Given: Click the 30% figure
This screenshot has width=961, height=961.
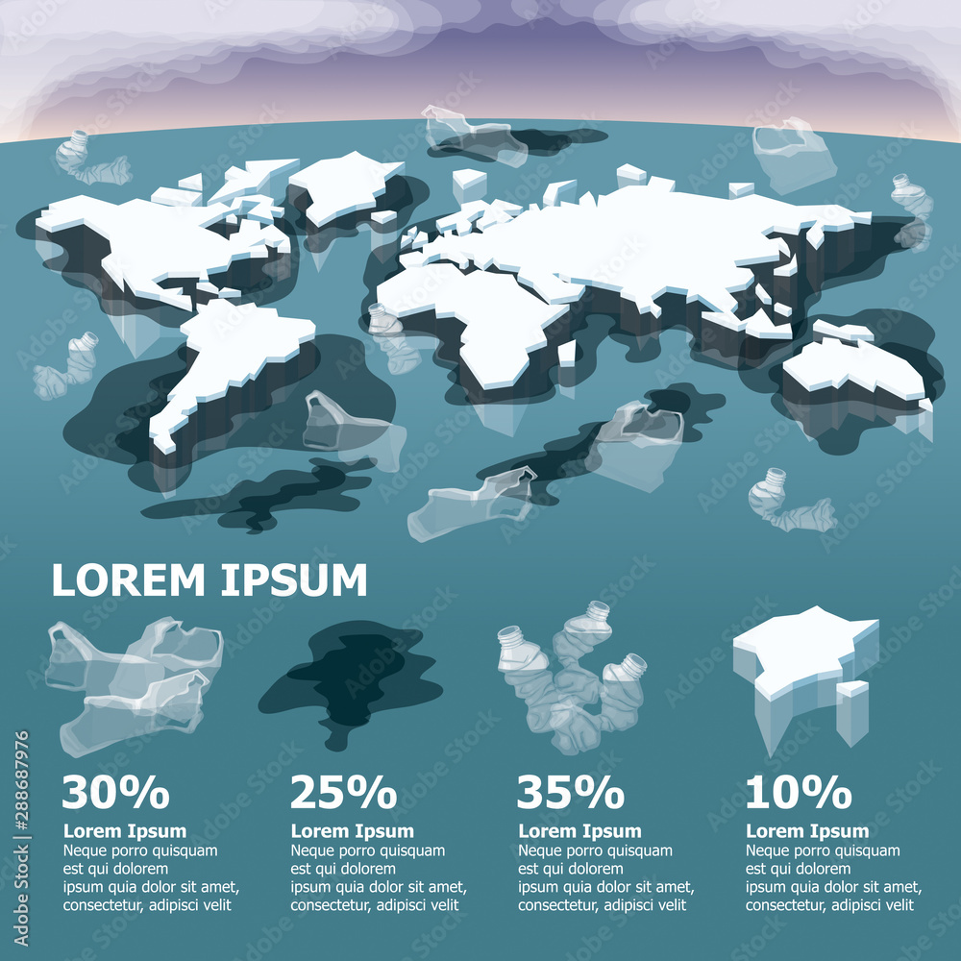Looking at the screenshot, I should click(115, 793).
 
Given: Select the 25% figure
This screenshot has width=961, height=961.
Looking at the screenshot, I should click(343, 793).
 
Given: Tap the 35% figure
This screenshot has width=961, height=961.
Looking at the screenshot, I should click(571, 793).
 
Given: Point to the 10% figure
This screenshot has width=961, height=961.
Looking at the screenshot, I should click(799, 793).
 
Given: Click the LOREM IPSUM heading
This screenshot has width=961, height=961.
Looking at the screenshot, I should click(209, 580).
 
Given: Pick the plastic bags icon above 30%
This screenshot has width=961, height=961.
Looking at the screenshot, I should click(135, 682).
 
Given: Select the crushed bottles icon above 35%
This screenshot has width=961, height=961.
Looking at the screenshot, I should click(572, 678).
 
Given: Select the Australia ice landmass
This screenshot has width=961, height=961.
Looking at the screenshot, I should click(850, 370).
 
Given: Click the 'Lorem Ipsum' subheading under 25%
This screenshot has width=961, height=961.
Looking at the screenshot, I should click(353, 831).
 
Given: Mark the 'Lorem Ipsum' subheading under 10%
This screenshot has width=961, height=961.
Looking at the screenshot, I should click(808, 831).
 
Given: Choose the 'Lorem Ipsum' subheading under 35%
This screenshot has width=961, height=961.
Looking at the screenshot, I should click(580, 831).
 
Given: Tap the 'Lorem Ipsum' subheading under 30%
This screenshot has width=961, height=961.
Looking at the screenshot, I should click(125, 831).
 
